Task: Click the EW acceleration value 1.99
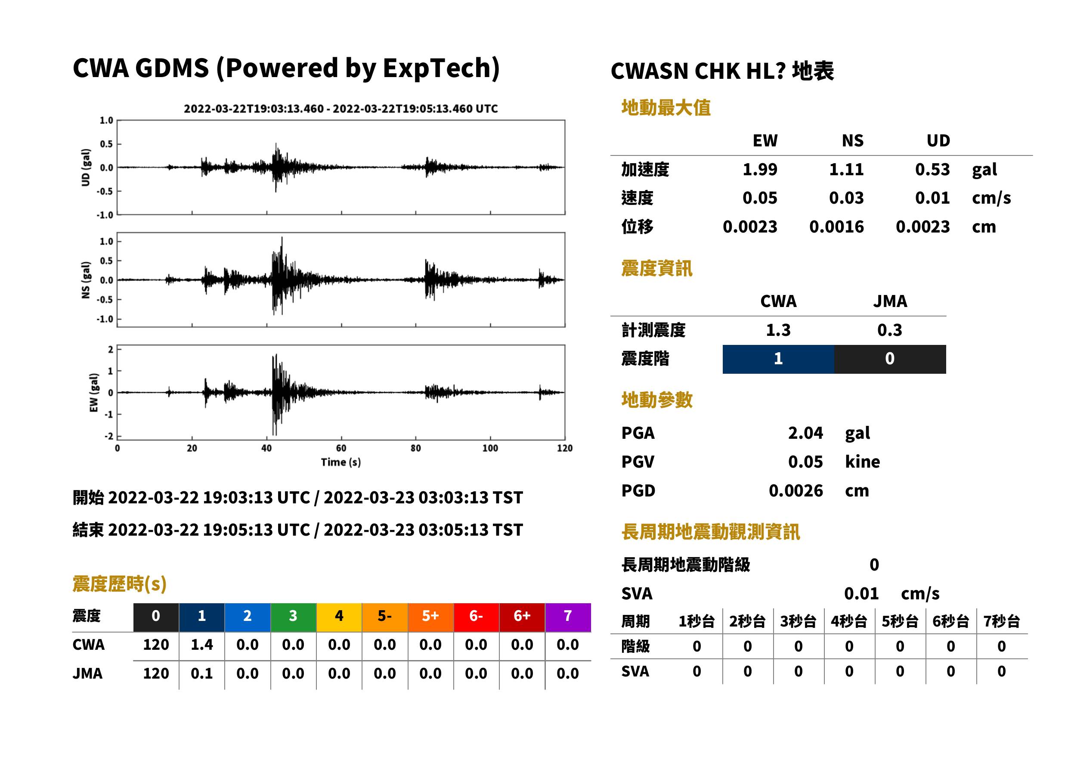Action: tap(759, 169)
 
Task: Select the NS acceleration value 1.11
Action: tap(846, 169)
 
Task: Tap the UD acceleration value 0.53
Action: tap(932, 169)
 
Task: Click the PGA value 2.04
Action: tap(805, 433)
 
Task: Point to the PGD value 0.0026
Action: tap(796, 490)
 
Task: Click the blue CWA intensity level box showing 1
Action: tap(778, 359)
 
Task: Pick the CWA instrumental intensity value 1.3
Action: tap(778, 330)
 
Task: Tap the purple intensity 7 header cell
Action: tap(568, 617)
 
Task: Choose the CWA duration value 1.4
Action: tap(201, 645)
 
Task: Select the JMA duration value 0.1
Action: tap(201, 673)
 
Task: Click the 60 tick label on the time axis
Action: tap(341, 448)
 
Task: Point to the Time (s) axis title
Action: tap(341, 462)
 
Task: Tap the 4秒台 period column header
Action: tap(848, 621)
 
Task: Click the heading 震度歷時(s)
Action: tap(119, 584)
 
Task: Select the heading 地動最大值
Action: tap(666, 108)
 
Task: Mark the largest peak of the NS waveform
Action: tap(282, 238)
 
